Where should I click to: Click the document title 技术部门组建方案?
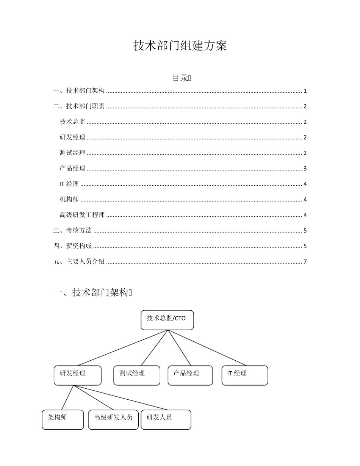[180, 46]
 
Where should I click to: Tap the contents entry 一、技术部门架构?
[79, 91]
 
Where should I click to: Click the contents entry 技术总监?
[72, 122]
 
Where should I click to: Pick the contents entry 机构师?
[69, 200]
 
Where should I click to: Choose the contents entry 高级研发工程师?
[82, 215]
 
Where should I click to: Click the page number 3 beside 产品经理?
[305, 169]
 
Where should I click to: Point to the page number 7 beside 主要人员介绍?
[305, 262]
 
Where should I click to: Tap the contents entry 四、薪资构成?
[73, 246]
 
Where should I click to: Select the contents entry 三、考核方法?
[73, 231]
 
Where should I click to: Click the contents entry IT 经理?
[69, 184]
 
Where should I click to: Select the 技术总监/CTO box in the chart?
[167, 320]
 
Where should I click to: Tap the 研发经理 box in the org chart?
[78, 375]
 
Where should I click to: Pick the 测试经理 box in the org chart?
[137, 375]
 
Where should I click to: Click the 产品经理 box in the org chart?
[190, 375]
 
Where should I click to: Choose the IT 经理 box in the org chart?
[245, 375]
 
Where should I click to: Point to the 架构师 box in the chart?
[63, 419]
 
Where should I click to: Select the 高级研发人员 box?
[113, 419]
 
